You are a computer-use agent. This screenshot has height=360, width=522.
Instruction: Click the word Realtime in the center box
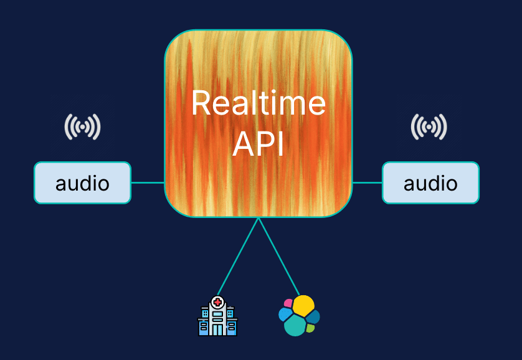258,103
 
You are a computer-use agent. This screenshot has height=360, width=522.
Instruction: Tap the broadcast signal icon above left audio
82,127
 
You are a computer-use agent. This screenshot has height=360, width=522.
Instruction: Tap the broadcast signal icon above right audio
429,127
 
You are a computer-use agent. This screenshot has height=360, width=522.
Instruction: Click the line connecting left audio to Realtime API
148,183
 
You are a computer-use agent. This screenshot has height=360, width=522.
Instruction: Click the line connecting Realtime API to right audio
367,183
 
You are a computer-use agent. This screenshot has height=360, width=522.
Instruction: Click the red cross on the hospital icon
217,302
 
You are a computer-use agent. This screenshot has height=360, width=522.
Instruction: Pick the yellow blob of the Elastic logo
304,305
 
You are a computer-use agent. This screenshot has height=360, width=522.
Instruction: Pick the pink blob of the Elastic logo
288,303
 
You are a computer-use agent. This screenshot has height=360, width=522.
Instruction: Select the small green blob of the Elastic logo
310,328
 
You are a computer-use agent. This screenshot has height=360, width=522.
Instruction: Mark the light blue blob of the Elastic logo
285,314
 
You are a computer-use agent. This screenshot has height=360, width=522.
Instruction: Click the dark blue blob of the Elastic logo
313,316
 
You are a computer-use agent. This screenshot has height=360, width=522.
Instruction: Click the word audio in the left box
82,184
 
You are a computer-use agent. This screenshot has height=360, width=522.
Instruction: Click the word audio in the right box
430,184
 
